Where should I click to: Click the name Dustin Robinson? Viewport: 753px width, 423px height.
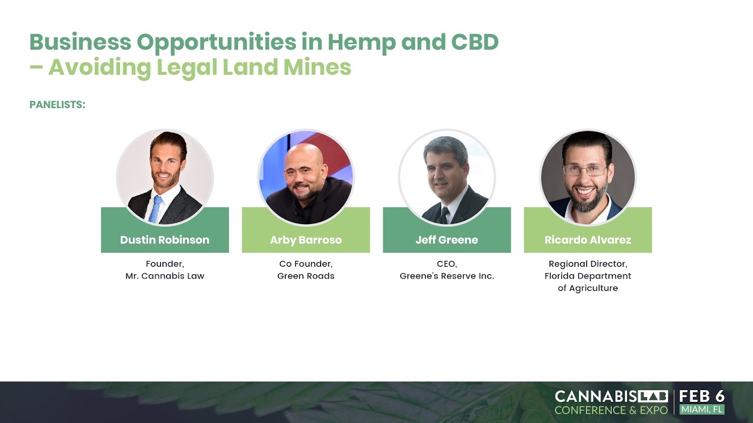click(x=165, y=240)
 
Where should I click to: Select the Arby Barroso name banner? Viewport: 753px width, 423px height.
click(x=306, y=240)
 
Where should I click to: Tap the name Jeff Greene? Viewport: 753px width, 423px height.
click(x=447, y=240)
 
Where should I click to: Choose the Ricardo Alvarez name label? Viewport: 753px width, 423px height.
click(x=588, y=240)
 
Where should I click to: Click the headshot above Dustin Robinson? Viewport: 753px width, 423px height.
click(x=165, y=176)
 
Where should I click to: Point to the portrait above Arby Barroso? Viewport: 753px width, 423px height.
click(x=306, y=176)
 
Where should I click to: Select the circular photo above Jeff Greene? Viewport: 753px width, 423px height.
click(x=447, y=176)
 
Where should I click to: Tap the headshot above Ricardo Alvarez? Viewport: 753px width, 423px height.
click(x=588, y=176)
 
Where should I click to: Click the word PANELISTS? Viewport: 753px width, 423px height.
click(x=58, y=105)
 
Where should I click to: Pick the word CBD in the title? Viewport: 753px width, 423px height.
click(x=474, y=42)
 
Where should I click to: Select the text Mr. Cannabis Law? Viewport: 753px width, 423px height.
click(x=165, y=276)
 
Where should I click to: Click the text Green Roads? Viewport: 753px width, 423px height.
click(x=306, y=276)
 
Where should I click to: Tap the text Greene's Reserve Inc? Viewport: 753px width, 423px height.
click(x=447, y=276)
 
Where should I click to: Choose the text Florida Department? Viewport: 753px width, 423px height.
click(x=588, y=276)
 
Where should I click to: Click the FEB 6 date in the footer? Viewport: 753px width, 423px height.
click(x=702, y=396)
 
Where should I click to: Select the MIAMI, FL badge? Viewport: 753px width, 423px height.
click(x=702, y=409)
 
